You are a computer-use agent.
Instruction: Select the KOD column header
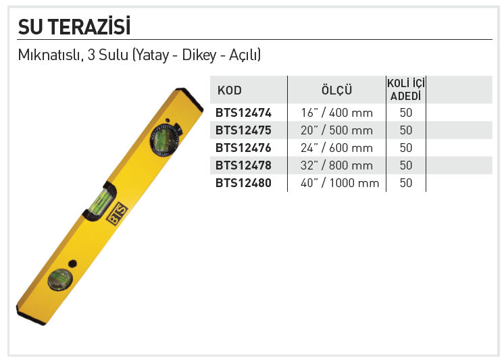pyautogui.click(x=230, y=91)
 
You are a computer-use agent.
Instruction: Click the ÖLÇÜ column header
pyautogui.click(x=336, y=90)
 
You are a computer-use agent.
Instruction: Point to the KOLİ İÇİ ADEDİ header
pyautogui.click(x=406, y=89)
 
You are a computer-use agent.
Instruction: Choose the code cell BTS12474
pyautogui.click(x=243, y=113)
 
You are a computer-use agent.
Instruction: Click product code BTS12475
pyautogui.click(x=243, y=130)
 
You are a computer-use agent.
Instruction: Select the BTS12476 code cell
pyautogui.click(x=243, y=148)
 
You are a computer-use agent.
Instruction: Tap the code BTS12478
pyautogui.click(x=243, y=165)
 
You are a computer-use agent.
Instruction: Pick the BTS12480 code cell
pyautogui.click(x=243, y=183)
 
